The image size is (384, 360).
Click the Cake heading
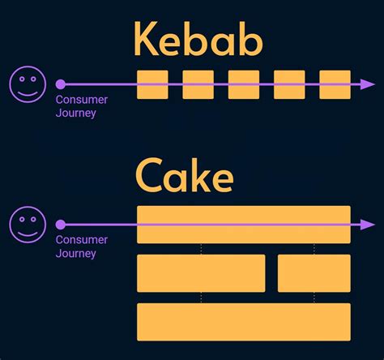point(185,176)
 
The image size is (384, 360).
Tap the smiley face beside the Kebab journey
point(27,84)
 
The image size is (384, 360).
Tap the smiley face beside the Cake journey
point(27,224)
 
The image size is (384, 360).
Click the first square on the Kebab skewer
point(152,84)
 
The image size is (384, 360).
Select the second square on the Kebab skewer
point(198,84)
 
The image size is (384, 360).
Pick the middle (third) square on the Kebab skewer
point(243,84)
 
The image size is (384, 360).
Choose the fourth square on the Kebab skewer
point(289,84)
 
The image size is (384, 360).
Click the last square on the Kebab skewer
point(335,84)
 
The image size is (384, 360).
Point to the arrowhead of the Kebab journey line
point(369,84)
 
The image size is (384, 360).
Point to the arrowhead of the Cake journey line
point(369,225)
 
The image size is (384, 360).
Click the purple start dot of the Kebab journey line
point(60,84)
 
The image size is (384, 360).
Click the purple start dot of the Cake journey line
point(60,225)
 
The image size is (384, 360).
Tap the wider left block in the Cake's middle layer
point(201,273)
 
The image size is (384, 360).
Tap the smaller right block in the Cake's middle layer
point(314,273)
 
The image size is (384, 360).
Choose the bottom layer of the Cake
point(243,321)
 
